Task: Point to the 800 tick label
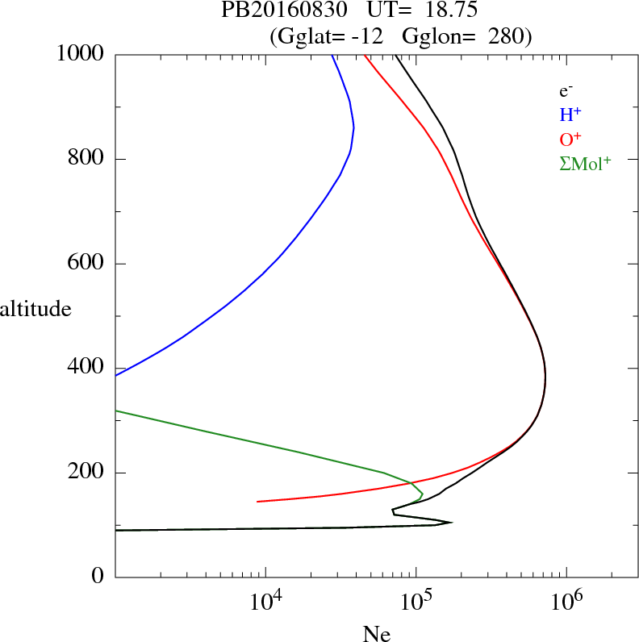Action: [87, 159]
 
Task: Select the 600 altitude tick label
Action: [87, 264]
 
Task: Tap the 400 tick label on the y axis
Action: [87, 368]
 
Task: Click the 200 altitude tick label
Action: [87, 473]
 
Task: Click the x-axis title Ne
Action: [376, 634]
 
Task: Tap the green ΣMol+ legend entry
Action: [585, 163]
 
